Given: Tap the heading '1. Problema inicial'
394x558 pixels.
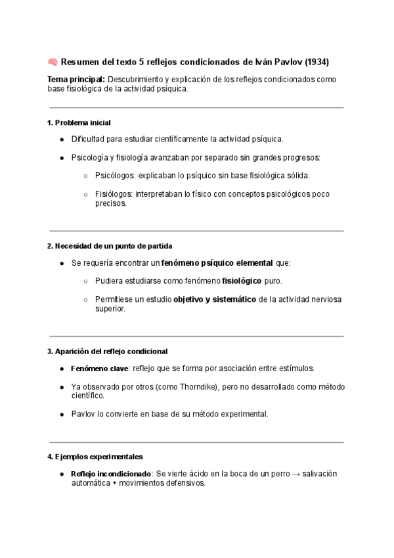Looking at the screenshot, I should (79, 122).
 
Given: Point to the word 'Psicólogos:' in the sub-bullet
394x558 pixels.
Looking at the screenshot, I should (114, 176).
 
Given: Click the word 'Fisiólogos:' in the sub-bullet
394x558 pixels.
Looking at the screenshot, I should (114, 194).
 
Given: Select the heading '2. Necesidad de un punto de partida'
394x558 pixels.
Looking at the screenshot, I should (110, 246).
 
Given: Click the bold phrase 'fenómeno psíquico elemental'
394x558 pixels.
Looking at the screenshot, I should (217, 263).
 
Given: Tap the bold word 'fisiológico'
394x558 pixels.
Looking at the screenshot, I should (242, 281).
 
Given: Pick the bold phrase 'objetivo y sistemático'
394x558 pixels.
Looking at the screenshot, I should (215, 299).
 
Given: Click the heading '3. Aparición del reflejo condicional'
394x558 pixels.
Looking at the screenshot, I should (108, 351).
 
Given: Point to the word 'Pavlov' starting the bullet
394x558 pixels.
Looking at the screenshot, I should (83, 415).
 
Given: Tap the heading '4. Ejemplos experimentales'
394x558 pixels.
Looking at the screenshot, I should (95, 457).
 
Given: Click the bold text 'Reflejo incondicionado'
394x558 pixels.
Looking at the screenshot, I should (111, 474).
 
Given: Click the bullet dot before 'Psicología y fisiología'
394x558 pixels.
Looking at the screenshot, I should (62, 158).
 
